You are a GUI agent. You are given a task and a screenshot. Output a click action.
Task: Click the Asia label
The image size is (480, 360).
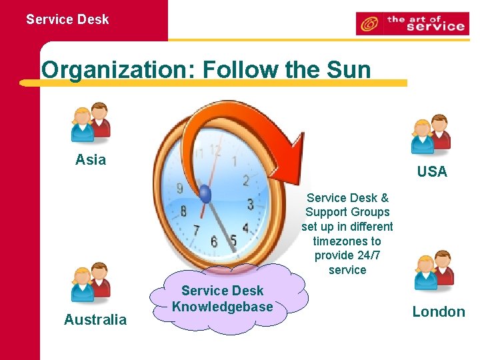91,160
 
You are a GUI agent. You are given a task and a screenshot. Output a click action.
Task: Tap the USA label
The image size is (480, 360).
432,172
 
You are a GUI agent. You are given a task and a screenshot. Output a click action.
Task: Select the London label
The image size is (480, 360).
438,312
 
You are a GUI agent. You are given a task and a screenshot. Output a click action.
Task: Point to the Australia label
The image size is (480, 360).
95,320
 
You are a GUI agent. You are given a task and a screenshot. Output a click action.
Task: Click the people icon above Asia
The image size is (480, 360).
91,123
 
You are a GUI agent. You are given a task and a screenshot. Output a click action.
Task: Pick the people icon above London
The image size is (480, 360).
433,272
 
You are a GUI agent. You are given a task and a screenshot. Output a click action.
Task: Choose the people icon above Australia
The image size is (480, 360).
91,283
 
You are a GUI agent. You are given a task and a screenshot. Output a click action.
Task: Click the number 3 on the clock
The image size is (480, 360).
250,204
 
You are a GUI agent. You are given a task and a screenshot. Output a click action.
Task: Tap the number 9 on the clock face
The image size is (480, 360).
179,189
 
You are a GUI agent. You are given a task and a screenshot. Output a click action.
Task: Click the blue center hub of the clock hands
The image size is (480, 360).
205,195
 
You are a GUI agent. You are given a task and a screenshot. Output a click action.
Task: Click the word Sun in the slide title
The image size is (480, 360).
346,69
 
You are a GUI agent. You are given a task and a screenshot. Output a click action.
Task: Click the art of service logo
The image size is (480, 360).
411,23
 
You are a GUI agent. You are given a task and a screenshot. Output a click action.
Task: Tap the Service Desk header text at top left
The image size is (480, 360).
67,19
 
